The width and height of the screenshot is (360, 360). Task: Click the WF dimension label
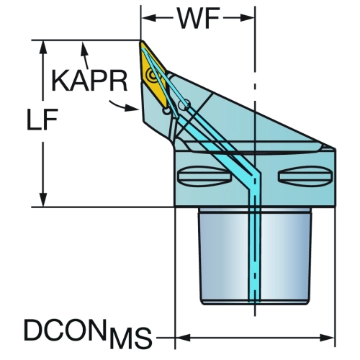(x=199, y=18)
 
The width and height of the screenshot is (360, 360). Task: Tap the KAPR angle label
(x=89, y=81)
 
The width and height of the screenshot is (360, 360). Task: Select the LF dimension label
(x=42, y=120)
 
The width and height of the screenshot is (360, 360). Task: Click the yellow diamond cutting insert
(x=153, y=74)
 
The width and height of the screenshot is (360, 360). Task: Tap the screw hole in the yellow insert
(x=153, y=75)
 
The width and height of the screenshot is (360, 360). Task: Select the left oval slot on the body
(x=204, y=176)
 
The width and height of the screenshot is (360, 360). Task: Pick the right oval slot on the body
(x=305, y=176)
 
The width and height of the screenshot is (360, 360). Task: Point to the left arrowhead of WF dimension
(x=149, y=18)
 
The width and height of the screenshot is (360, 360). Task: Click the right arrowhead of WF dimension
(x=247, y=18)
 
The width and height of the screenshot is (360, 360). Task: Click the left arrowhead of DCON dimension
(x=183, y=338)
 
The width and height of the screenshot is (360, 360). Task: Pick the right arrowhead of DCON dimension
(x=327, y=338)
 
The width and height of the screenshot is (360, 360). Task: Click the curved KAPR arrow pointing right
(x=124, y=107)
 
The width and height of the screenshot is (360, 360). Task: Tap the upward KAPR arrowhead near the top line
(x=84, y=48)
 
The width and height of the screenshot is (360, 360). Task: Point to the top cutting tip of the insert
(x=141, y=41)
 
